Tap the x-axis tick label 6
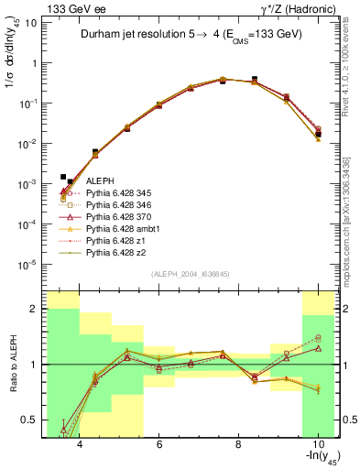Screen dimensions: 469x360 tap(158, 443)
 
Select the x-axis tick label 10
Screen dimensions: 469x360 tap(316, 443)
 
